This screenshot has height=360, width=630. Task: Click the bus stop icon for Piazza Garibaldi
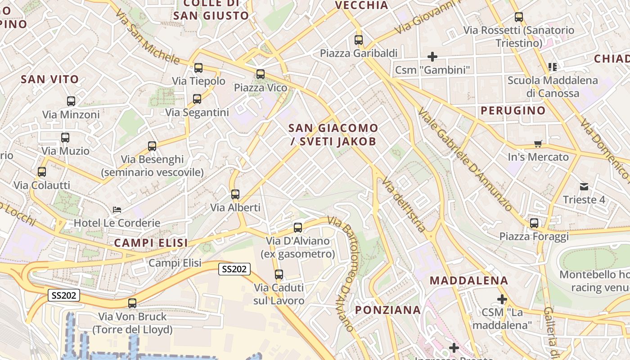click(x=359, y=40)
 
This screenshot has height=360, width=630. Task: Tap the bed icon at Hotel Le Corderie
click(x=117, y=210)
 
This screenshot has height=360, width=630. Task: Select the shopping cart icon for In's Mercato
click(x=538, y=144)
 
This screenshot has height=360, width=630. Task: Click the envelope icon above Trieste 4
click(x=584, y=186)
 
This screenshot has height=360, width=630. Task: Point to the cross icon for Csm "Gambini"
click(x=432, y=57)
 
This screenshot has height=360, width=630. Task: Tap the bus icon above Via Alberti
click(x=235, y=194)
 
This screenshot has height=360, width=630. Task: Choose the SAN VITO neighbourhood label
click(x=50, y=80)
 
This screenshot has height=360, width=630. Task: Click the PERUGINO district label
click(x=513, y=111)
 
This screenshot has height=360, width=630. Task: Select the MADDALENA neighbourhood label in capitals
click(x=469, y=281)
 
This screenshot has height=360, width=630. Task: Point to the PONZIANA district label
click(x=388, y=310)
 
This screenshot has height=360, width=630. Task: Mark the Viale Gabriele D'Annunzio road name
click(x=465, y=160)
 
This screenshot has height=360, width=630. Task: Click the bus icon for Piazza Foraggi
click(x=534, y=223)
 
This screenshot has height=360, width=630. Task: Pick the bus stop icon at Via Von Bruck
click(x=132, y=303)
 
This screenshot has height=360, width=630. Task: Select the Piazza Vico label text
click(x=261, y=88)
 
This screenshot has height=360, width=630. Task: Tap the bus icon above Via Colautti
click(x=42, y=172)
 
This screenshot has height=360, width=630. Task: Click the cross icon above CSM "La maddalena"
click(x=502, y=299)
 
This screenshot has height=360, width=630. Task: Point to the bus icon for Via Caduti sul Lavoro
click(x=279, y=274)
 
